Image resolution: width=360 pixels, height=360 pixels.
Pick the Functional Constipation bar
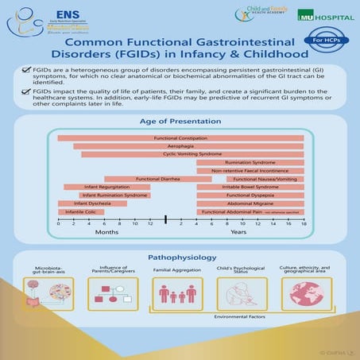[x=180, y=138]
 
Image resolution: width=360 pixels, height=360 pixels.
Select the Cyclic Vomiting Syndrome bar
[x=192, y=154]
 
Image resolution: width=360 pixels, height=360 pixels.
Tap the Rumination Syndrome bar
[x=250, y=163]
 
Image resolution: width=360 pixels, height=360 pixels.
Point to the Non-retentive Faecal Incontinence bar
[x=250, y=171]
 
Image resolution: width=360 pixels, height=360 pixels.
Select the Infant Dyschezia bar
[x=92, y=204]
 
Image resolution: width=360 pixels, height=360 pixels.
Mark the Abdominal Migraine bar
[x=250, y=204]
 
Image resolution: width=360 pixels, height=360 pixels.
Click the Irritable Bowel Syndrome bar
[x=250, y=188]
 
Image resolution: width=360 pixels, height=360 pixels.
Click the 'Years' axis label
[x=238, y=233]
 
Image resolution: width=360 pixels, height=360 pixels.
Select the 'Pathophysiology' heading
[x=180, y=258]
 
